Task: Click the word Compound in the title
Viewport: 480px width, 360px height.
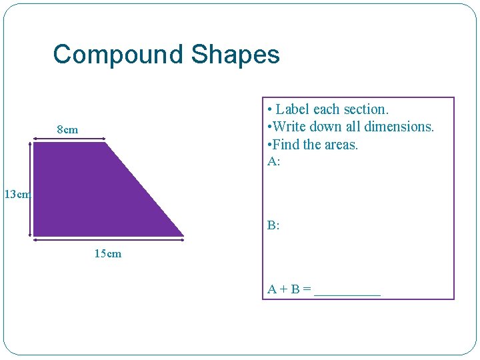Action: pos(119,54)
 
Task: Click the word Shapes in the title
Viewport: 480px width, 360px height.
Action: pos(235,54)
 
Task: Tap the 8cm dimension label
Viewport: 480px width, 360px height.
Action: pos(67,129)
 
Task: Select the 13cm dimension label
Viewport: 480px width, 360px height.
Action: pos(17,195)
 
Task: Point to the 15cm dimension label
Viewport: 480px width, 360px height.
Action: pos(108,254)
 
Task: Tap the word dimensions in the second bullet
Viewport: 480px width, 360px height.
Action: pos(397,127)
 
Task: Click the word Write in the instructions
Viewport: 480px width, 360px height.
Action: pos(289,127)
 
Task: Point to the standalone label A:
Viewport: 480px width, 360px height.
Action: pos(273,161)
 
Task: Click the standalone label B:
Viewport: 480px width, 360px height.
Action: pos(273,225)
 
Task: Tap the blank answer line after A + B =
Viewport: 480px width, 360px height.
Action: pos(347,292)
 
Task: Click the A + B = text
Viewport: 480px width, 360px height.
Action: pos(289,289)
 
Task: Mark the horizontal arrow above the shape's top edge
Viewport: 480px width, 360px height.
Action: pos(69,139)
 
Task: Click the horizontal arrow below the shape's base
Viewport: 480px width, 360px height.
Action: pos(108,241)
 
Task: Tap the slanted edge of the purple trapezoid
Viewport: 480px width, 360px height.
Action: pos(145,189)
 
